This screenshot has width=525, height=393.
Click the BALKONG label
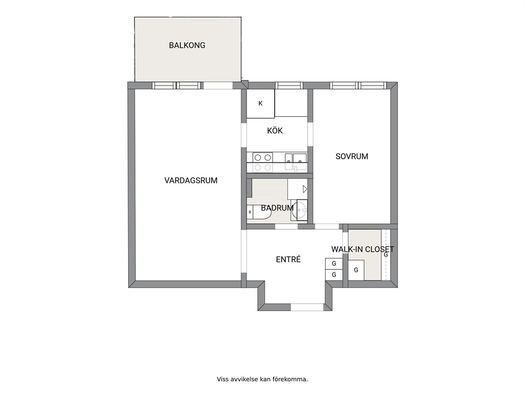[187, 45]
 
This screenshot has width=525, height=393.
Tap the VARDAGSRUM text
[191, 181]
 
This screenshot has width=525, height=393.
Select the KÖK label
[275, 130]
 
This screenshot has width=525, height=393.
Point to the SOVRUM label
[352, 156]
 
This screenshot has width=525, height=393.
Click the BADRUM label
[277, 208]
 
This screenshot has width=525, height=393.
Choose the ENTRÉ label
[288, 259]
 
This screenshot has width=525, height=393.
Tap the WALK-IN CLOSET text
[363, 249]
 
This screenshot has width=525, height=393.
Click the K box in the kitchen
[260, 104]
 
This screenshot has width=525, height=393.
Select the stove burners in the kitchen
[262, 162]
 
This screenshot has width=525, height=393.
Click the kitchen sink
[296, 162]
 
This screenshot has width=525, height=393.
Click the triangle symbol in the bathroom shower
[305, 189]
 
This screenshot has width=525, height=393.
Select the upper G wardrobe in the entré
[334, 264]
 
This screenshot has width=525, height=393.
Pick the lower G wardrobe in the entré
[334, 275]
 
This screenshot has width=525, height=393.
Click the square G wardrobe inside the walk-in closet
[356, 270]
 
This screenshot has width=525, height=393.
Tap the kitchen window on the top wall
[289, 86]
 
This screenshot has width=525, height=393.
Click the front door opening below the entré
[307, 307]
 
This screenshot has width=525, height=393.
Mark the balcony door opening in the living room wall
[218, 86]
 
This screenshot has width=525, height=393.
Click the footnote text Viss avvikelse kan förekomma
[262, 379]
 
